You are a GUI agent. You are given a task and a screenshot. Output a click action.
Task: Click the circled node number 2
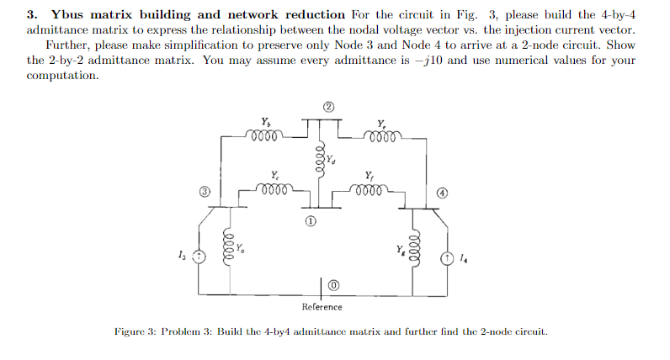pos(330,107)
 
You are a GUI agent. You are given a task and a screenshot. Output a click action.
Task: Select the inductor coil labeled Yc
pos(276,189)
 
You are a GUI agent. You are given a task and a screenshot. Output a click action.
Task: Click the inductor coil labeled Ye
pos(383,135)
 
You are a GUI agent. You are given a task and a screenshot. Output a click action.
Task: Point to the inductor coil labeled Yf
pos(370,189)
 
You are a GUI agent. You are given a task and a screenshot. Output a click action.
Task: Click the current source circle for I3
pos(199,257)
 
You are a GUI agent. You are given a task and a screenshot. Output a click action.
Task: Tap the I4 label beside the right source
pos(465,257)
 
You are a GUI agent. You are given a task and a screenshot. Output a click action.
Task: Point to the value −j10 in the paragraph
pos(463,61)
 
